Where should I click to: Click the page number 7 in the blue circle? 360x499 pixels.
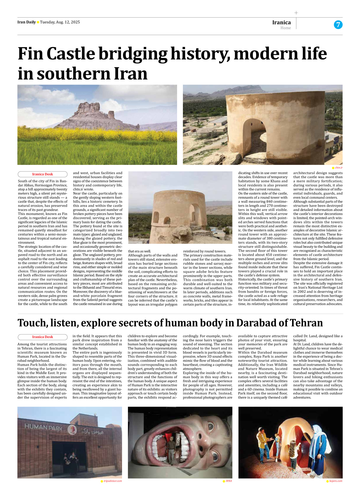click(338, 25)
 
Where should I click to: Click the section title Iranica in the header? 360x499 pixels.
click(281, 22)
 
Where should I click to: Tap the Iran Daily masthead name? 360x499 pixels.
click(26, 22)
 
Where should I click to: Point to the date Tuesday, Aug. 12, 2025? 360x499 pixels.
click(60, 22)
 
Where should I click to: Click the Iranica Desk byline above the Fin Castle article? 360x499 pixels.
click(43, 174)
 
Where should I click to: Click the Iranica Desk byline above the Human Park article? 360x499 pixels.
click(43, 337)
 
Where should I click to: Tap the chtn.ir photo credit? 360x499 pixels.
click(339, 168)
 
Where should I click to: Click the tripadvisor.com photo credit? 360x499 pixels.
click(113, 481)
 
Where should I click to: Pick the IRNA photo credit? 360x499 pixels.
click(229, 481)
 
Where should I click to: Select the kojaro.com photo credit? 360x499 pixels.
click(336, 481)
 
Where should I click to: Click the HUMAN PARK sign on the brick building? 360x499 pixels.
click(43, 428)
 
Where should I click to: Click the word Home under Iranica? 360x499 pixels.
click(285, 28)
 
